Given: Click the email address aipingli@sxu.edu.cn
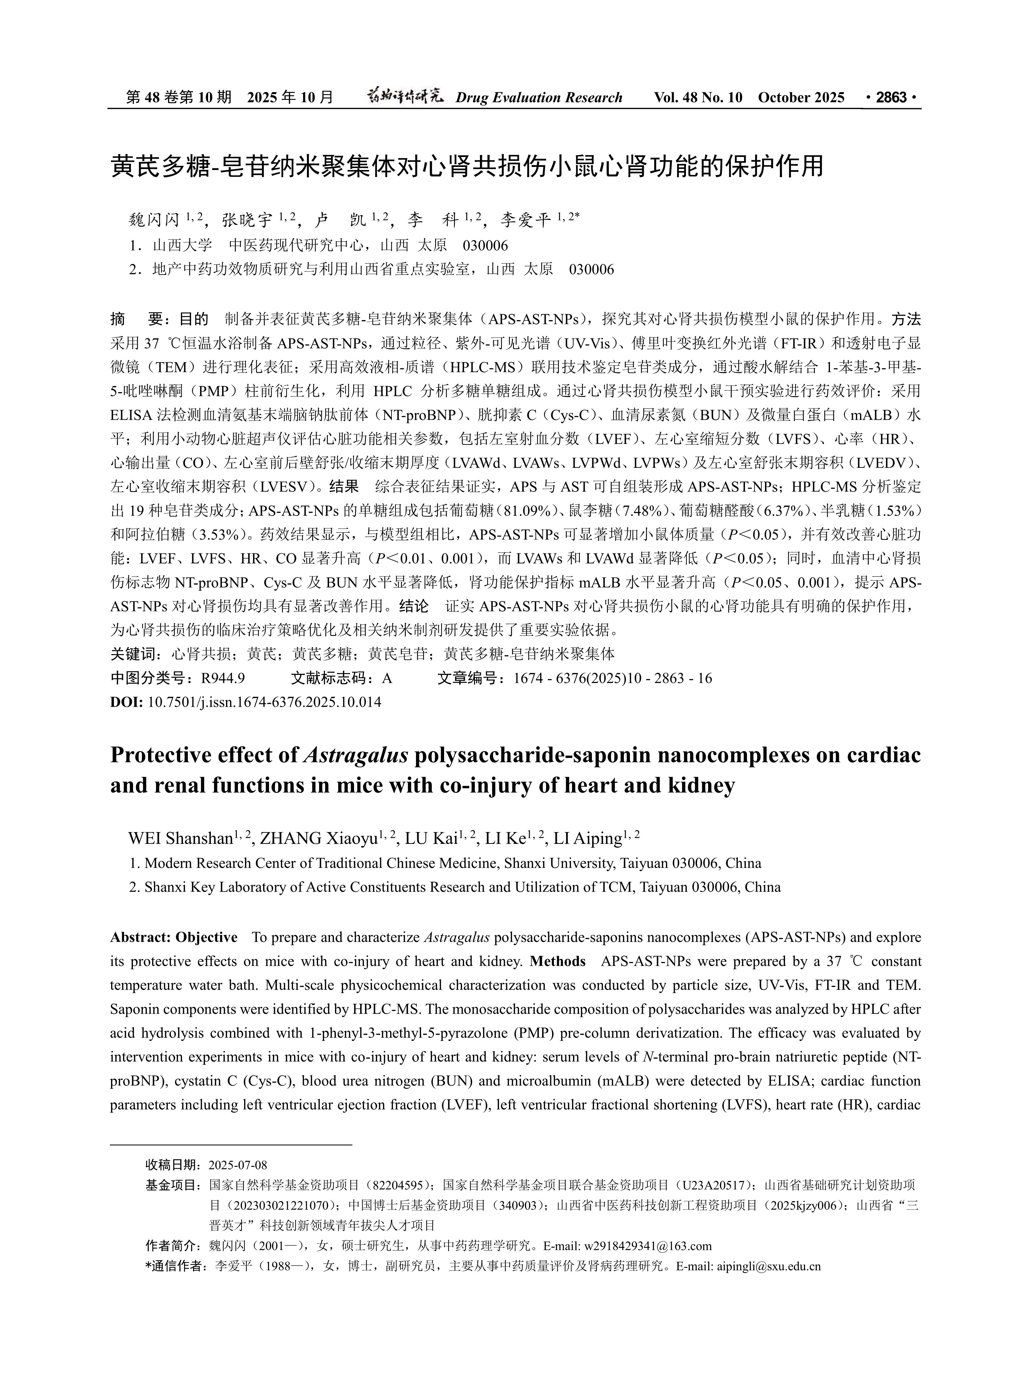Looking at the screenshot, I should (x=768, y=1266).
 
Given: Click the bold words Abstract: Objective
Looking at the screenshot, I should (x=173, y=937).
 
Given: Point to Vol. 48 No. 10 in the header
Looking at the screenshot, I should (x=698, y=97).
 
